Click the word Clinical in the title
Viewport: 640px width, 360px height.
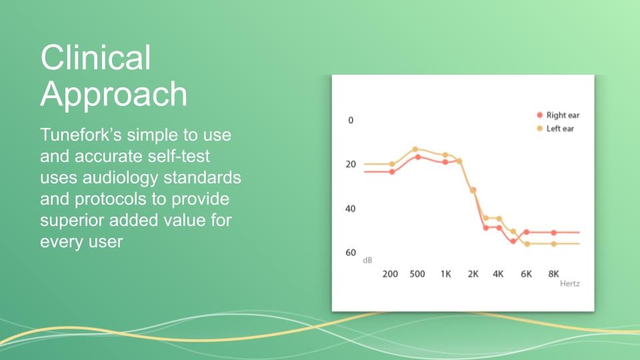click(96, 57)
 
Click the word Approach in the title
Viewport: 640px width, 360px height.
click(114, 94)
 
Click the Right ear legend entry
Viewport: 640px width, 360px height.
click(558, 115)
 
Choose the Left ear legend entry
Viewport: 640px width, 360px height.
click(555, 129)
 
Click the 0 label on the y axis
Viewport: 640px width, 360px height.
click(351, 120)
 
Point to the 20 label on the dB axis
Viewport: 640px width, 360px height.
click(351, 164)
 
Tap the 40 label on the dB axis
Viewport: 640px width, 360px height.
click(351, 209)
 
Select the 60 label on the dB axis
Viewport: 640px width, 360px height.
click(351, 253)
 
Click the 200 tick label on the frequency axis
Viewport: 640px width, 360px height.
click(390, 274)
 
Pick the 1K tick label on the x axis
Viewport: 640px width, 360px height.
click(446, 274)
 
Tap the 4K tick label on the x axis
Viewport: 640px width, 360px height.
click(498, 274)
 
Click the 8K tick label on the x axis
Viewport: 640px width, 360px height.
click(553, 274)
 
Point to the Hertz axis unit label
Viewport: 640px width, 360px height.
click(570, 284)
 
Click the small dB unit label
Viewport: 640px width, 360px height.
click(367, 261)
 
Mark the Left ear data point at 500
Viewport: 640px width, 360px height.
click(415, 149)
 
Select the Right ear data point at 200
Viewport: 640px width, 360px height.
click(392, 172)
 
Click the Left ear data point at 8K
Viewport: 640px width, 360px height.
click(554, 244)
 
